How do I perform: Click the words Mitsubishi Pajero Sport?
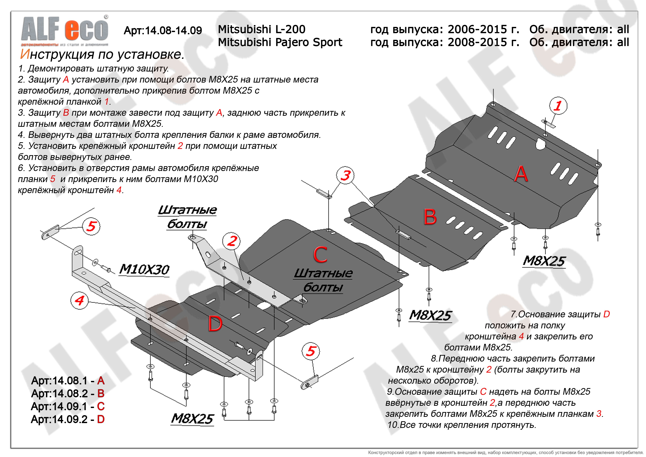280,42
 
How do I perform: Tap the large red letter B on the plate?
430,217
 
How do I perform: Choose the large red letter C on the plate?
320,254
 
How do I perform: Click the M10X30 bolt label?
144,269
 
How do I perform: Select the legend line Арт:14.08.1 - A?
68,381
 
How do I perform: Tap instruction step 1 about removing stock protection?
93,68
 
